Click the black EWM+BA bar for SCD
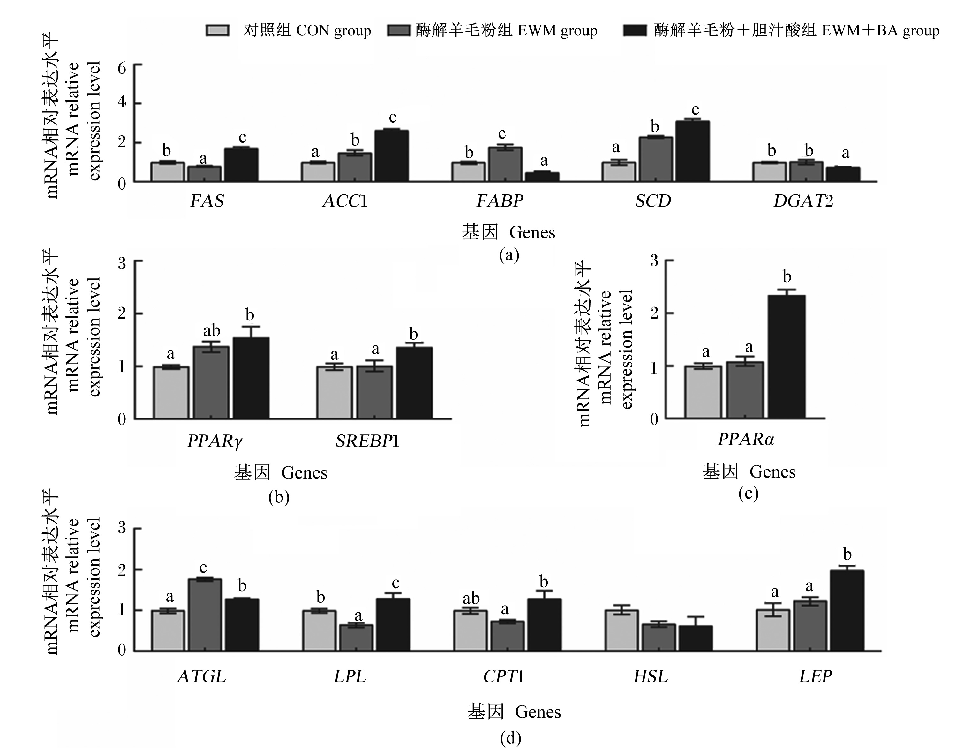click(x=692, y=151)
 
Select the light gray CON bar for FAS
click(x=168, y=172)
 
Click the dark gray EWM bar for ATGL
click(x=205, y=615)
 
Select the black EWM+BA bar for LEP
click(x=847, y=611)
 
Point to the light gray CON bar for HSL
click(x=621, y=631)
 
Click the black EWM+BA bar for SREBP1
click(x=414, y=383)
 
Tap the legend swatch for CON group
click(x=218, y=30)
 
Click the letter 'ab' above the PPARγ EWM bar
click(x=212, y=331)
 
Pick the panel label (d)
click(x=510, y=738)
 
